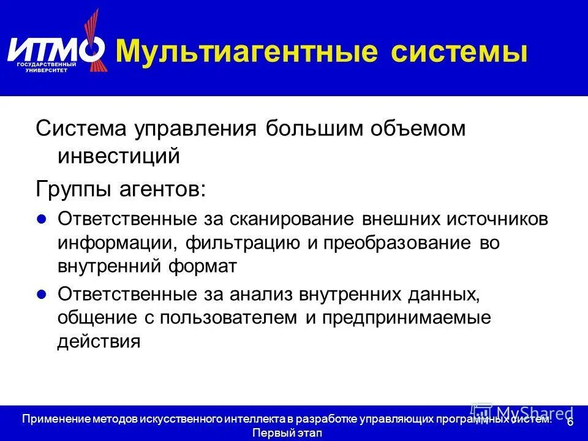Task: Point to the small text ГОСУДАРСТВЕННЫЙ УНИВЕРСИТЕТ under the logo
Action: [47, 67]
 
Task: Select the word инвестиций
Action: [119, 156]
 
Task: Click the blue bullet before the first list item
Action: [42, 219]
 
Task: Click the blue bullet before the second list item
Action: [42, 294]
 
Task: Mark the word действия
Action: [99, 341]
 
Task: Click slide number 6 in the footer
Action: [570, 423]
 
